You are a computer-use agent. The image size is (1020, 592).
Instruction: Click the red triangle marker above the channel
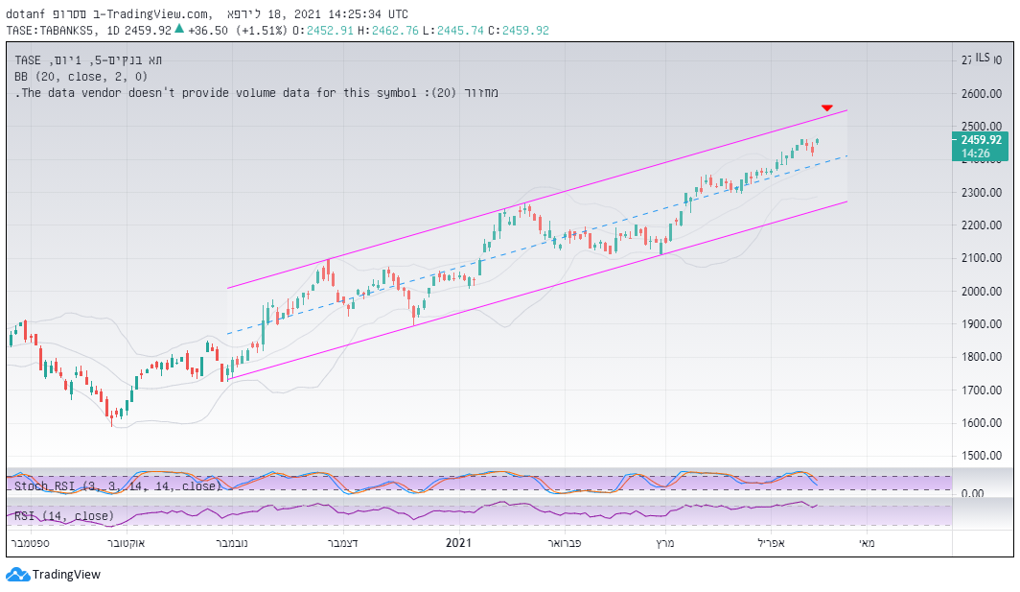[827, 107]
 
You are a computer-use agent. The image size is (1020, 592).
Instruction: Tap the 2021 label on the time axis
[459, 543]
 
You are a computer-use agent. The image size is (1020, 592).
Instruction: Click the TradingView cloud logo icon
[17, 575]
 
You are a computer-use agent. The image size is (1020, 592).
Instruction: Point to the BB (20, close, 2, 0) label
[81, 76]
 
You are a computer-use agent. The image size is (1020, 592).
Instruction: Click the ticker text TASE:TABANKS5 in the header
[52, 31]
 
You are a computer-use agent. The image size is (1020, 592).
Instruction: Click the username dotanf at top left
[27, 14]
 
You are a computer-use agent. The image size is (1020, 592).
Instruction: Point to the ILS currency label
[983, 59]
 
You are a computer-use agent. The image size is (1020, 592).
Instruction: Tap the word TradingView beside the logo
[66, 575]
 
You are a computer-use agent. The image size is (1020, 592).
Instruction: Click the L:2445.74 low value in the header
[462, 31]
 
